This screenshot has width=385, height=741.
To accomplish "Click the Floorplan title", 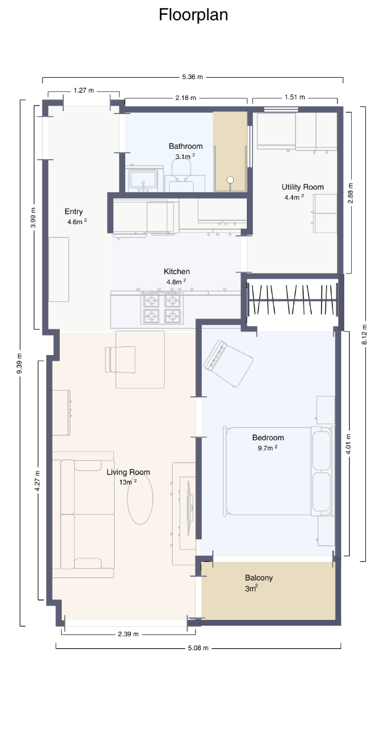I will tap(193, 15).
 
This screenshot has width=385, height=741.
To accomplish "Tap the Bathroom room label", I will tap(186, 146).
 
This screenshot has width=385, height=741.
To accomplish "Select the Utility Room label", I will tap(302, 187).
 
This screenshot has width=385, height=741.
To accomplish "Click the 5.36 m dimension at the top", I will tap(192, 77).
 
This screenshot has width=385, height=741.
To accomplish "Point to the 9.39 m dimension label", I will tap(20, 364).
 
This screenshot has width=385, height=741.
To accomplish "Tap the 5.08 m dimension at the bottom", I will tap(198, 648).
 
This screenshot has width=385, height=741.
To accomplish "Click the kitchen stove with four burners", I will tap(163, 308).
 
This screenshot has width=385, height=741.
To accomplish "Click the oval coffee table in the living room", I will tap(140, 501).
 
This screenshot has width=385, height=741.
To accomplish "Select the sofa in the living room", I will tap(86, 514).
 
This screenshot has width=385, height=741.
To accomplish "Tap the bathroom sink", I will tap(144, 180).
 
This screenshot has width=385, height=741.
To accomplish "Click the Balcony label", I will tap(259, 578).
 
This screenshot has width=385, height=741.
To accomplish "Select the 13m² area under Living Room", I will tap(127, 482).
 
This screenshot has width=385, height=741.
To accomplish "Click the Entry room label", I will tap(73, 212).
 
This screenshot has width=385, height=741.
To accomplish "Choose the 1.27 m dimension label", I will tap(83, 90).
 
